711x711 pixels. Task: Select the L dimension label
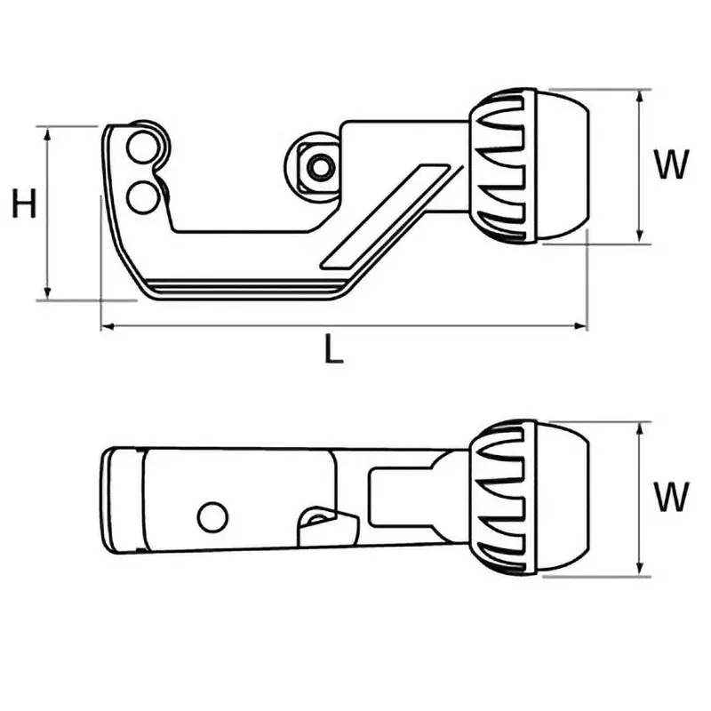coord(332,351)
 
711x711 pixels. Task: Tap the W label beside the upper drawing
coord(670,165)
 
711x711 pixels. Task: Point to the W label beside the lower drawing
coord(670,497)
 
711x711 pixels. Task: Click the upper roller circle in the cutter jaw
coord(140,148)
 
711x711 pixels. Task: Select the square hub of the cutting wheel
coord(317,165)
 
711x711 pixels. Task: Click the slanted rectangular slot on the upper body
coord(387,215)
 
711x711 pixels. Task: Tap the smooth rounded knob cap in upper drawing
coord(562,165)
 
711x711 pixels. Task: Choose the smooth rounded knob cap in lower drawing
coord(562,498)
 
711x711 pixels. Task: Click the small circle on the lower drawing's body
coord(212,516)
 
